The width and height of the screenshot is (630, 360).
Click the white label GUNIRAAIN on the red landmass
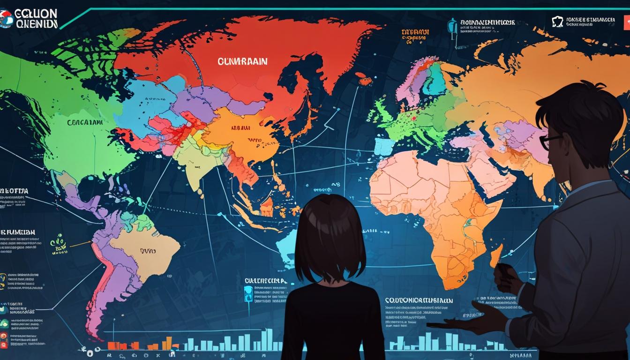[x=242, y=61]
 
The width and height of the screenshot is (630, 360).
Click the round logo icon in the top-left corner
[x=6, y=19]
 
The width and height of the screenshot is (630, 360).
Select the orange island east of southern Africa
[x=496, y=255]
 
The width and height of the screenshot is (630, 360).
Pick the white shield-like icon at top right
[x=557, y=21]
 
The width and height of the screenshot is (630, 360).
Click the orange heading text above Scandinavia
[x=415, y=32]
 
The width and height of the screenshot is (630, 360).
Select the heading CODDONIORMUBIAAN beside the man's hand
[x=419, y=300]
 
